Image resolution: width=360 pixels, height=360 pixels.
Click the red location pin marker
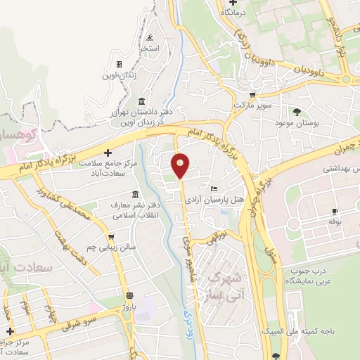point(181,165)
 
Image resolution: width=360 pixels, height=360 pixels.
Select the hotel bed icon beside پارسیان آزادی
point(214,188)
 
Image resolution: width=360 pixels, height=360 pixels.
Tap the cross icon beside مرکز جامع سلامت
point(108,153)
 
